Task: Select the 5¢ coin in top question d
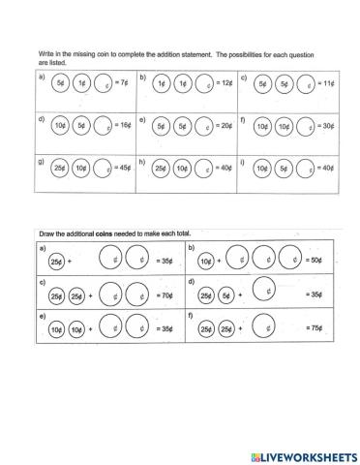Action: tap(81, 125)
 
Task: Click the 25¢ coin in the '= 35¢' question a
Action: tap(56, 261)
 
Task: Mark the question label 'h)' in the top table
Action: tap(144, 160)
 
